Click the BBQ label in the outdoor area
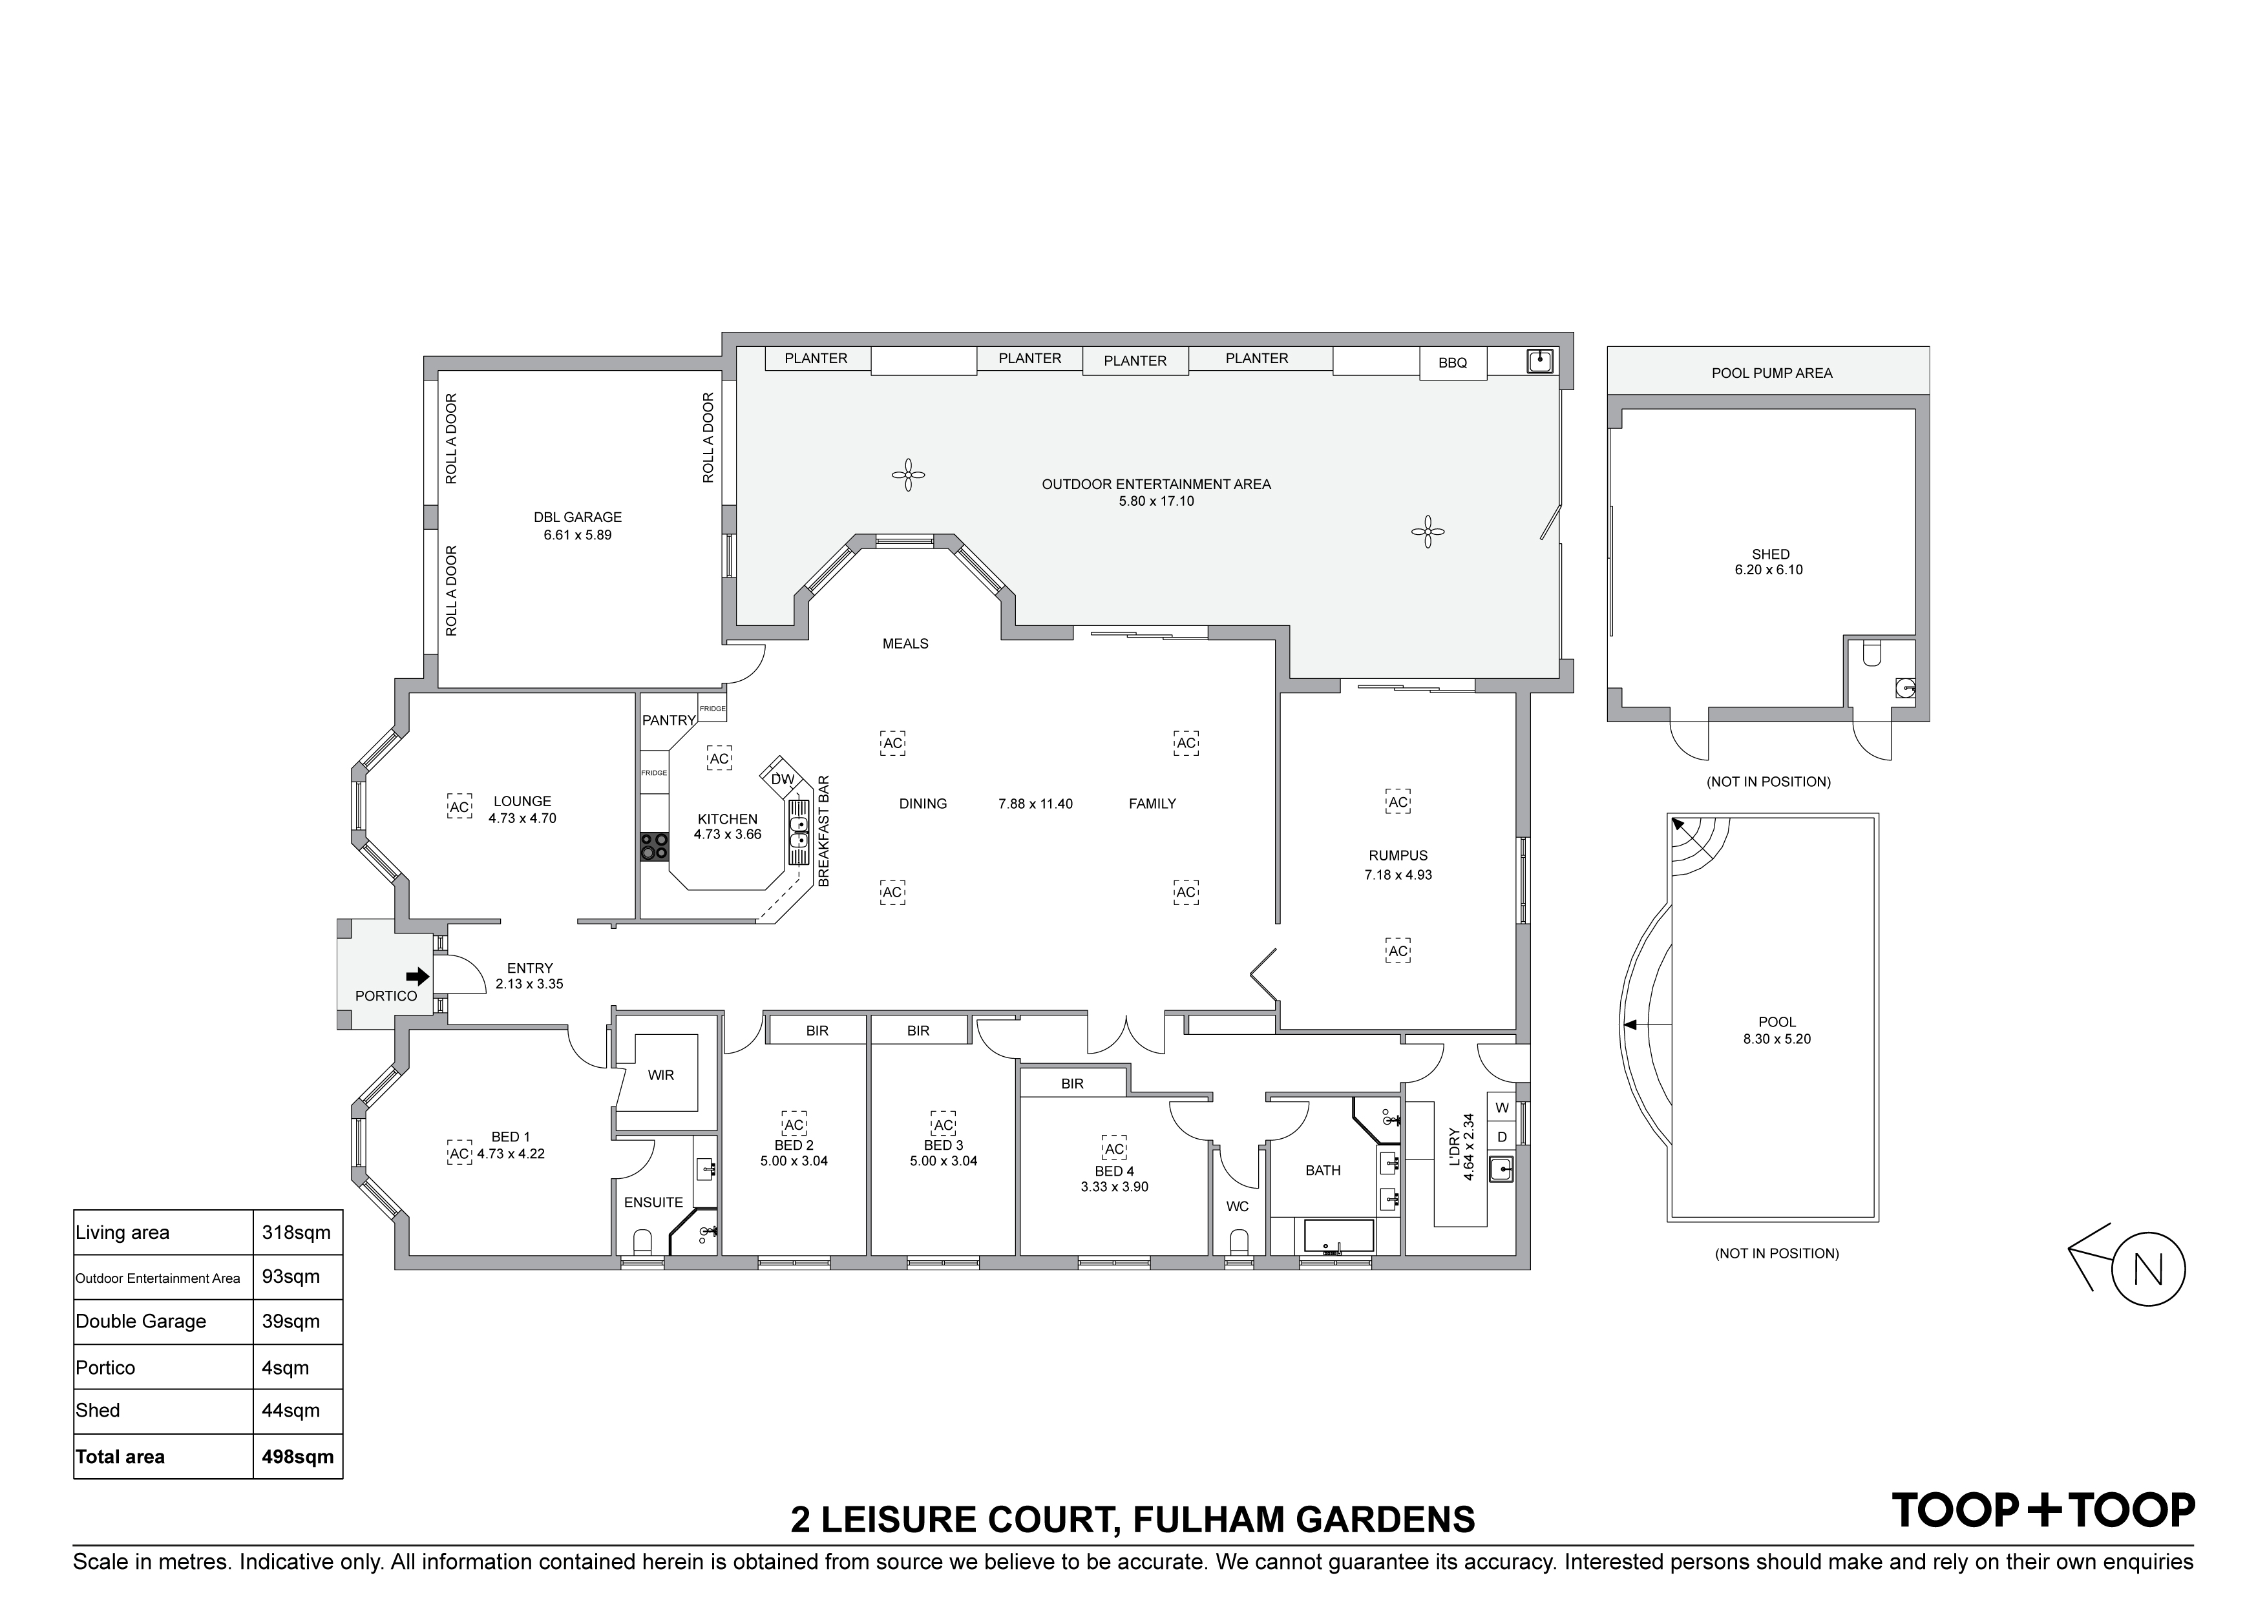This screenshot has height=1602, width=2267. (x=1453, y=363)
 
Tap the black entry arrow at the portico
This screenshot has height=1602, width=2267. (x=419, y=976)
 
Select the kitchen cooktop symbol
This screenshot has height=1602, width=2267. (x=653, y=847)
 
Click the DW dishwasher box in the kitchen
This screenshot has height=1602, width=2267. (x=782, y=779)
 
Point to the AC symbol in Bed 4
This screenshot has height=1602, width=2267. (x=1113, y=1149)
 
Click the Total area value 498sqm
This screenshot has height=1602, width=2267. (x=297, y=1457)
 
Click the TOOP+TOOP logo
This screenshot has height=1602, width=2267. (x=2043, y=1511)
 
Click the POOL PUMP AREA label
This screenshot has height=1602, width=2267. (x=1771, y=373)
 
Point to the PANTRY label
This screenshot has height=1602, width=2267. (x=668, y=720)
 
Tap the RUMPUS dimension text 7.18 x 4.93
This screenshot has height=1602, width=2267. (x=1398, y=875)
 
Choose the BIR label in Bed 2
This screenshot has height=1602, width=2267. (x=817, y=1030)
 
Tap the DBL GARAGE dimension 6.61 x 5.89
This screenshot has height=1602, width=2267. (x=578, y=535)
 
